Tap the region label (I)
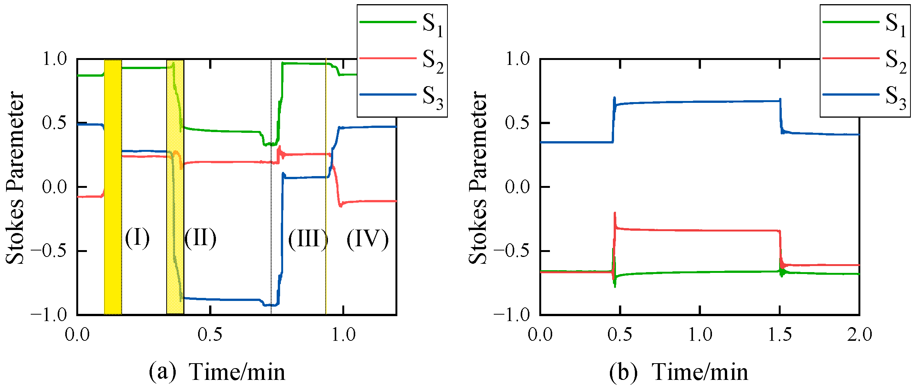[x=137, y=238]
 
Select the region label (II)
[x=200, y=238]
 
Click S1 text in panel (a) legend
[x=433, y=24]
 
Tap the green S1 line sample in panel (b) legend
[x=850, y=22]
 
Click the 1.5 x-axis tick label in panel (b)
[x=780, y=335]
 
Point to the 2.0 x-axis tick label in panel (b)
[x=860, y=335]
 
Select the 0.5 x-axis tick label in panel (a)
[x=210, y=335]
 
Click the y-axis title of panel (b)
[x=477, y=178]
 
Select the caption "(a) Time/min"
[x=217, y=372]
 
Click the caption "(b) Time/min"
[x=679, y=372]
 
